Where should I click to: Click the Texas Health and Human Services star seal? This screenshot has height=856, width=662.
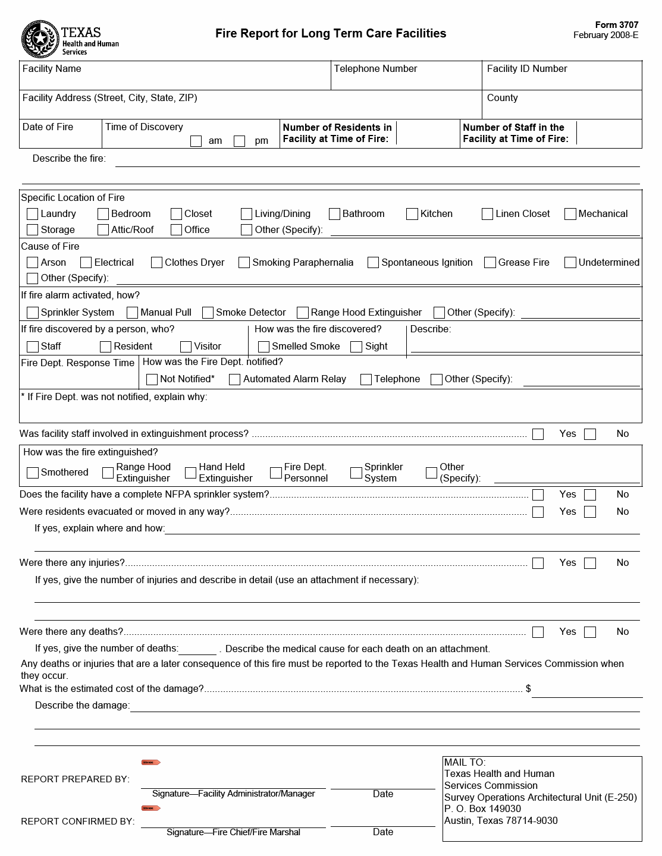(39, 39)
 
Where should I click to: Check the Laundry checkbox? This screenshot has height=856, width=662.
(33, 214)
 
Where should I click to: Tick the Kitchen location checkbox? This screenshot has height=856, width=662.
(412, 214)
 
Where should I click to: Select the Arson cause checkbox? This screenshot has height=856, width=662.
(33, 263)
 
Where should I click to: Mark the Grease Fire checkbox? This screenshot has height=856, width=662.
(490, 263)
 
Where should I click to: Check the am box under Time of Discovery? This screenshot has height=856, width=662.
(196, 141)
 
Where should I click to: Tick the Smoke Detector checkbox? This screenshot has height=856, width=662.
(208, 313)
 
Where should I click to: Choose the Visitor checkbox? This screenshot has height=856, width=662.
(186, 347)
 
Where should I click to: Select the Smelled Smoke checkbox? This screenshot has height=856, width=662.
(263, 347)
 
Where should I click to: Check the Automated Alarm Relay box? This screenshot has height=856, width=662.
(235, 379)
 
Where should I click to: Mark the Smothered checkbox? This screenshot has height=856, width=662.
(33, 473)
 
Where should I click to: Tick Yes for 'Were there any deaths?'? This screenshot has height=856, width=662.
(538, 632)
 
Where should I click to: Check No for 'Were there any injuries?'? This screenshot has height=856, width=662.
(590, 563)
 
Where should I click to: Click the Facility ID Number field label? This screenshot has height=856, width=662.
(526, 69)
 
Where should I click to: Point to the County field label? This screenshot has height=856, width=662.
(502, 98)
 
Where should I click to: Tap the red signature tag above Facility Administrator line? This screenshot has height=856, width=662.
(150, 763)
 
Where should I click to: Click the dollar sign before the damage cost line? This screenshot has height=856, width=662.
(528, 689)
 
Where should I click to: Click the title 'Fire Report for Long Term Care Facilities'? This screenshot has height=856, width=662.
(331, 34)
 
